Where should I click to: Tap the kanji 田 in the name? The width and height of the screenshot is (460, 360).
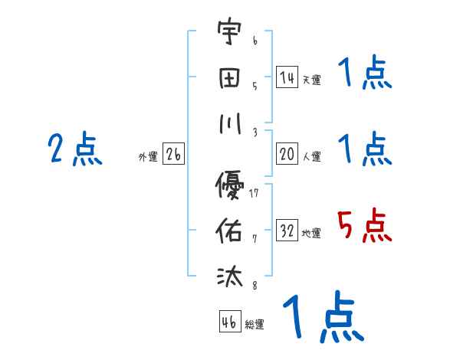click(230, 79)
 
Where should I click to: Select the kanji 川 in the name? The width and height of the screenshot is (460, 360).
click(230, 124)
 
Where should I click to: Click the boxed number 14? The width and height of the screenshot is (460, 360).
click(287, 77)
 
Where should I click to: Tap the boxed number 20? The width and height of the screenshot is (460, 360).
click(287, 154)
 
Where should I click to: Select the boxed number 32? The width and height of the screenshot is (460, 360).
click(287, 231)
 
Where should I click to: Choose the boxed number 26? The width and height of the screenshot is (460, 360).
click(173, 154)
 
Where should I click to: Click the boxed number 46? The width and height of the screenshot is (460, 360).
click(228, 322)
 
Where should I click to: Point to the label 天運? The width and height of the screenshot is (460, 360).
click(311, 80)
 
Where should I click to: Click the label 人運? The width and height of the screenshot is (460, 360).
click(311, 156)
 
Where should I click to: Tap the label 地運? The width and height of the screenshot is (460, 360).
click(311, 233)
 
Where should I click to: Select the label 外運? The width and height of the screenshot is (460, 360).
click(148, 156)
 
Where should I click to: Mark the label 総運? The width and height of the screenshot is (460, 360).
click(255, 324)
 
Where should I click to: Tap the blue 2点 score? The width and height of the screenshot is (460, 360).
click(75, 149)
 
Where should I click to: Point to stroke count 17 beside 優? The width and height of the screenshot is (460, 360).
click(255, 192)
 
